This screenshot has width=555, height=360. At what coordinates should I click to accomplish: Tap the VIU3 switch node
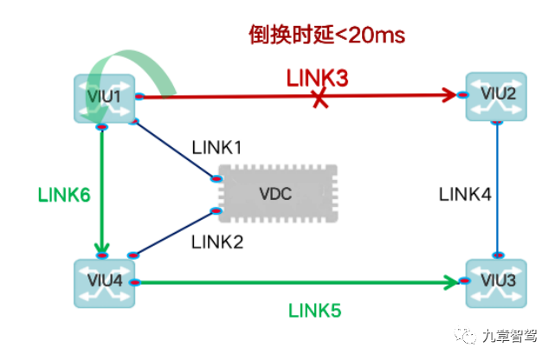tap(497, 281)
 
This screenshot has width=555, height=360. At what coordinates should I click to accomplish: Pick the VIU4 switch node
tap(104, 282)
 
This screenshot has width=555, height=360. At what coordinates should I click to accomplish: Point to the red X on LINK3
tap(320, 100)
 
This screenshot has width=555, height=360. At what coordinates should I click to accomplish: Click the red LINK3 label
tap(317, 78)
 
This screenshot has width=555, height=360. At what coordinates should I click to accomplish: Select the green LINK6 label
tap(63, 195)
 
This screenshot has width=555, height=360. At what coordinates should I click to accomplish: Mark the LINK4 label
tap(465, 195)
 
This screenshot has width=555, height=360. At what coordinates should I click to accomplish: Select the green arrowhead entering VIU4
tap(103, 251)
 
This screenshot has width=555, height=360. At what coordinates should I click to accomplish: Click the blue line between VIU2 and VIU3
tap(497, 190)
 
